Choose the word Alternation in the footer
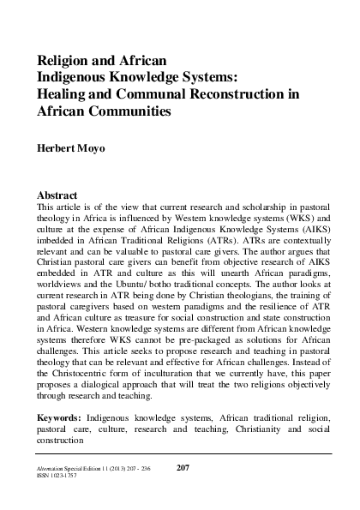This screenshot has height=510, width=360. pos(53,468)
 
